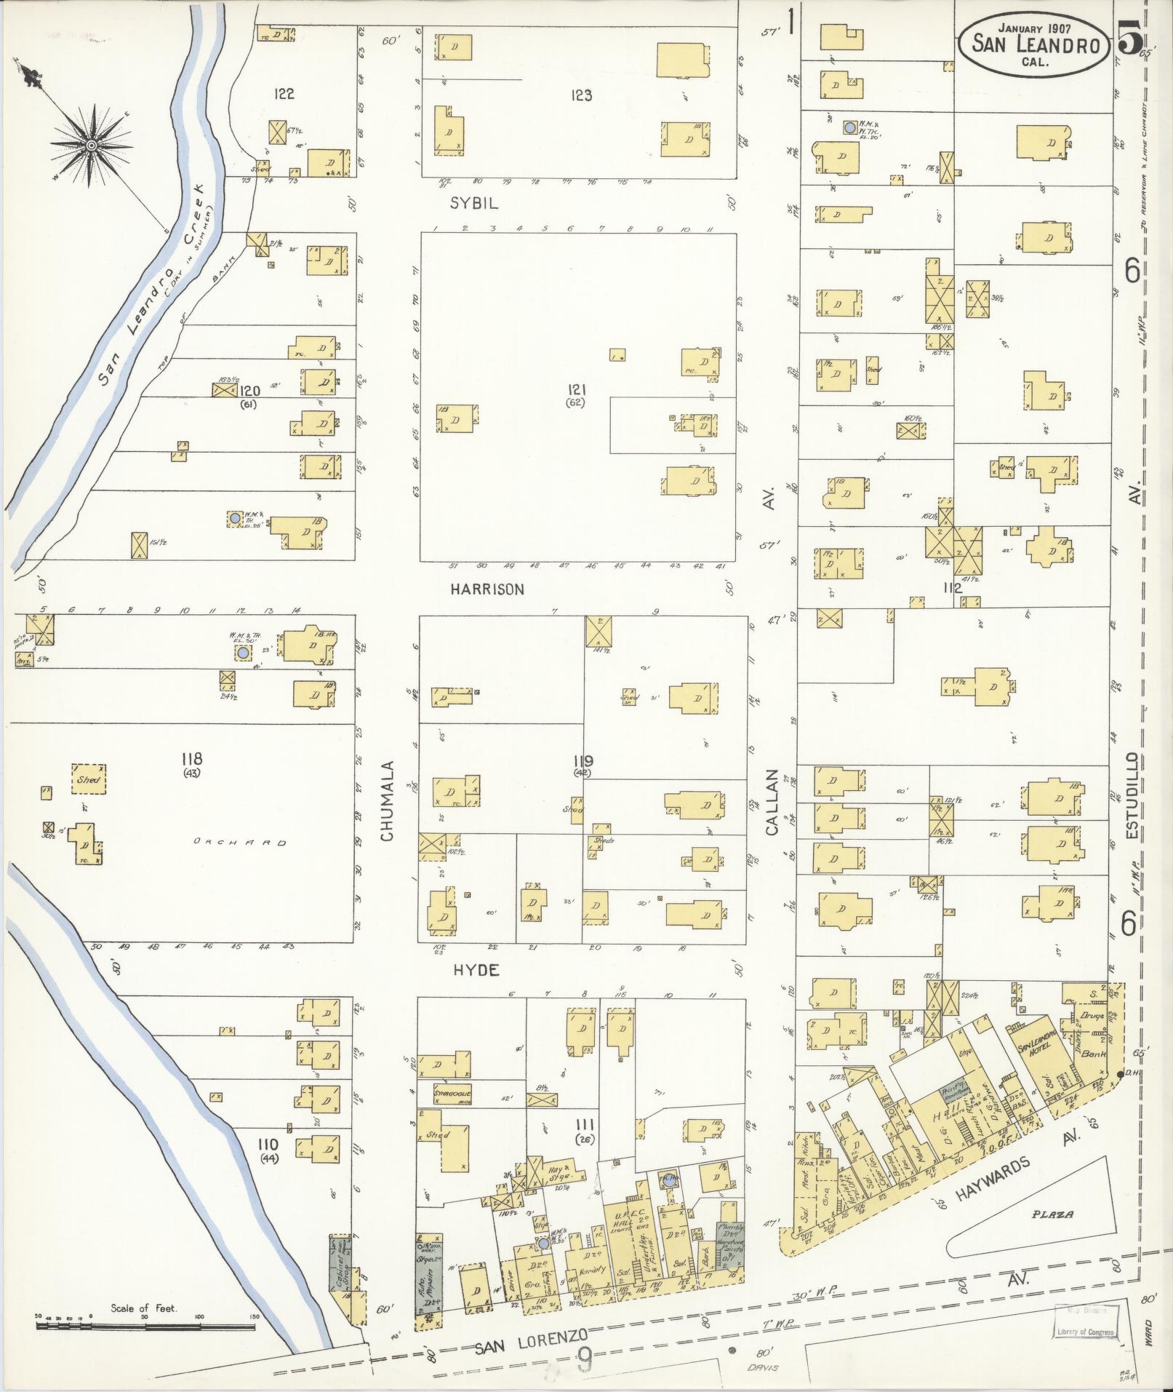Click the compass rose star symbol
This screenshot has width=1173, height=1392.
point(92,146)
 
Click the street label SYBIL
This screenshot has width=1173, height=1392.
point(474,204)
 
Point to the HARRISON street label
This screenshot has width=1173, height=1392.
point(487,589)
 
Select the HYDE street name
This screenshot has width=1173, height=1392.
point(476,970)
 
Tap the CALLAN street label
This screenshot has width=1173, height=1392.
point(772,801)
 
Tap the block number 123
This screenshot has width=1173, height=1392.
point(581,95)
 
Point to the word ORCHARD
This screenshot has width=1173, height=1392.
point(240,843)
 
